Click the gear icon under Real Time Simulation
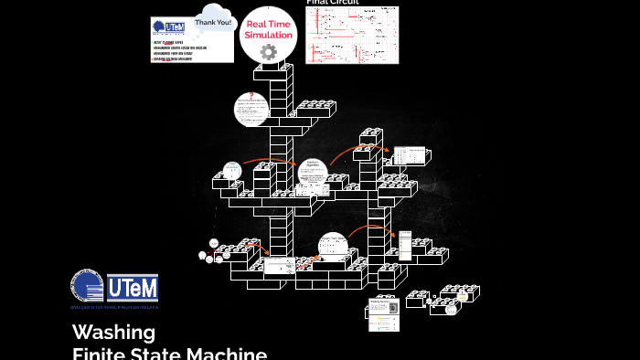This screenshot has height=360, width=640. click(x=268, y=52)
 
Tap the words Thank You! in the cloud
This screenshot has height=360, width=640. click(x=212, y=22)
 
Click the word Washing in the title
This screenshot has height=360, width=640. click(x=113, y=332)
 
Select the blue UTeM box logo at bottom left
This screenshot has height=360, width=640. click(x=133, y=288)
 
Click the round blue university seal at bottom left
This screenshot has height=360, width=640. click(x=87, y=285)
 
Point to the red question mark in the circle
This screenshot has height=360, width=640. click(x=251, y=95)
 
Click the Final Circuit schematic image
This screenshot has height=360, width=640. click(x=352, y=35)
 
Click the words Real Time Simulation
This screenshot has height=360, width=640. click(x=269, y=29)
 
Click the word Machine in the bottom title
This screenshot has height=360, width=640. click(x=223, y=353)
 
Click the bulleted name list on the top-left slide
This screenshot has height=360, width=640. click(x=179, y=51)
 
